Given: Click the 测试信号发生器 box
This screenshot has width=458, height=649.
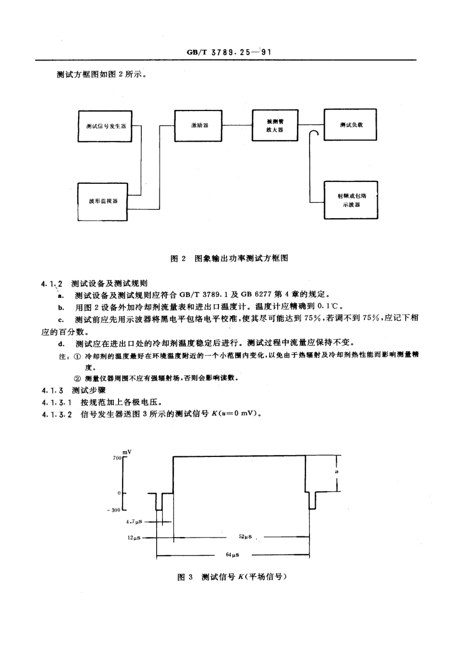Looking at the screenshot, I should pos(105,126).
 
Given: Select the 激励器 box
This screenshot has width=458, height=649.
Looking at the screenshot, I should pos(199,125).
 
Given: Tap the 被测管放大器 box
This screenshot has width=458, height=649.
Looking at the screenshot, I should pos(275,125).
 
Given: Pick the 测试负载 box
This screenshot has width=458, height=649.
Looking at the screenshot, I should pos(350,125).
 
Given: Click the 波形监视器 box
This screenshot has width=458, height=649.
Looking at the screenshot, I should pos(103,201).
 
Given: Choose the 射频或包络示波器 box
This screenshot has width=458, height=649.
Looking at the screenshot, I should pos(351,200).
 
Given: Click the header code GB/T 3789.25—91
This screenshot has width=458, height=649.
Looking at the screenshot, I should pos(229,52).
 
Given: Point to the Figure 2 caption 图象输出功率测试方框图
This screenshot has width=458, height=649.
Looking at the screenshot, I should pos(229,258).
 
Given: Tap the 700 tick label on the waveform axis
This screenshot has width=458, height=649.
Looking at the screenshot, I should pos(117,457).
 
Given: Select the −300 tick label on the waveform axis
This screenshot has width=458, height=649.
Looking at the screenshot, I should pos(115,510).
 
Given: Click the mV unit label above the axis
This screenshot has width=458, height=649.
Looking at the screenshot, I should pos(126,452).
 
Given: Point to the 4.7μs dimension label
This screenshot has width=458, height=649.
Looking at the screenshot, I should pos(134,522).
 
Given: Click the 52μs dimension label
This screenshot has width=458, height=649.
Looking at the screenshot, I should pos(245,537).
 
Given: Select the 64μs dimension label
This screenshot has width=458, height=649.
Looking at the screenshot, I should pos(232,555).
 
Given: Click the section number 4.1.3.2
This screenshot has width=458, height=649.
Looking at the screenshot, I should pos(57,414).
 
